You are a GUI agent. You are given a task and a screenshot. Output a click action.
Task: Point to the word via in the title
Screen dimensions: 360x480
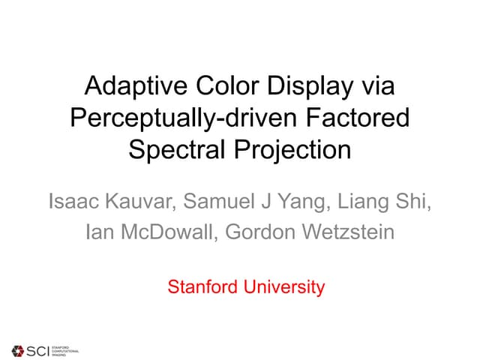pos(376,86)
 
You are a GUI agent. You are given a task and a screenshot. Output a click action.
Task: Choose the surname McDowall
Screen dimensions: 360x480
pos(155,232)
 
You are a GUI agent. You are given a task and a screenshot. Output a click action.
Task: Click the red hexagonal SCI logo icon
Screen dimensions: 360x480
pos(18,349)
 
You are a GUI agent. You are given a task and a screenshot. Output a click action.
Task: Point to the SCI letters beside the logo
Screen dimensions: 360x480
pos(37,349)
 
